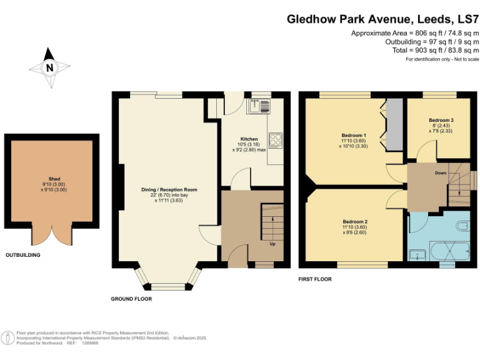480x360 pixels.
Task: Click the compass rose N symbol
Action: click(49, 67)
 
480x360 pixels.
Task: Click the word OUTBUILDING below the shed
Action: click(23, 256)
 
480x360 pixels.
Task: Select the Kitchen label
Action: click(249, 139)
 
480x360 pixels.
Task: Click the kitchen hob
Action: click(276, 139)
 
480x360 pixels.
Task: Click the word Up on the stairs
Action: click(272, 244)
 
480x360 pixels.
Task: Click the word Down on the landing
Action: click(441, 173)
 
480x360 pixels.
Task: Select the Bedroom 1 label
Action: click(354, 136)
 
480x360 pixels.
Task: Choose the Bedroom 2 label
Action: click(354, 222)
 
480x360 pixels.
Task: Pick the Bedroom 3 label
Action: click(441, 120)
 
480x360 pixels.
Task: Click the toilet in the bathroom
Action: click(462, 225)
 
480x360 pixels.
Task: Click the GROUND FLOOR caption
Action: click(131, 299)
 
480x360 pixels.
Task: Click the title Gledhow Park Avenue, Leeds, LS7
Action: click(382, 19)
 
